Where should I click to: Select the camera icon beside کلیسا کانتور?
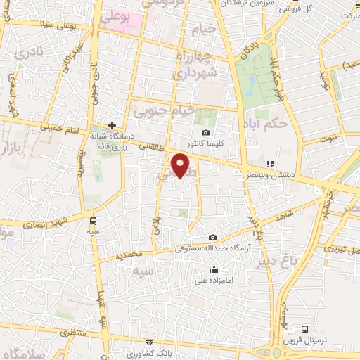tap(205, 132)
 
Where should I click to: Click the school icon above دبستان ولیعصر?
tap(269, 164)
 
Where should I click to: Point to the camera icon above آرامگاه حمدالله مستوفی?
tap(212, 238)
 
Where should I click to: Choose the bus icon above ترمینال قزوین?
tap(304, 329)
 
